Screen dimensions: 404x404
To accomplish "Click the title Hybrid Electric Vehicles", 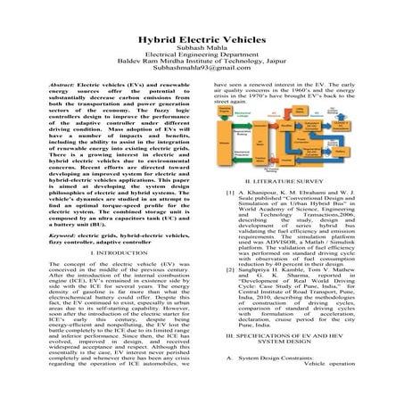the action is click(202, 42).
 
